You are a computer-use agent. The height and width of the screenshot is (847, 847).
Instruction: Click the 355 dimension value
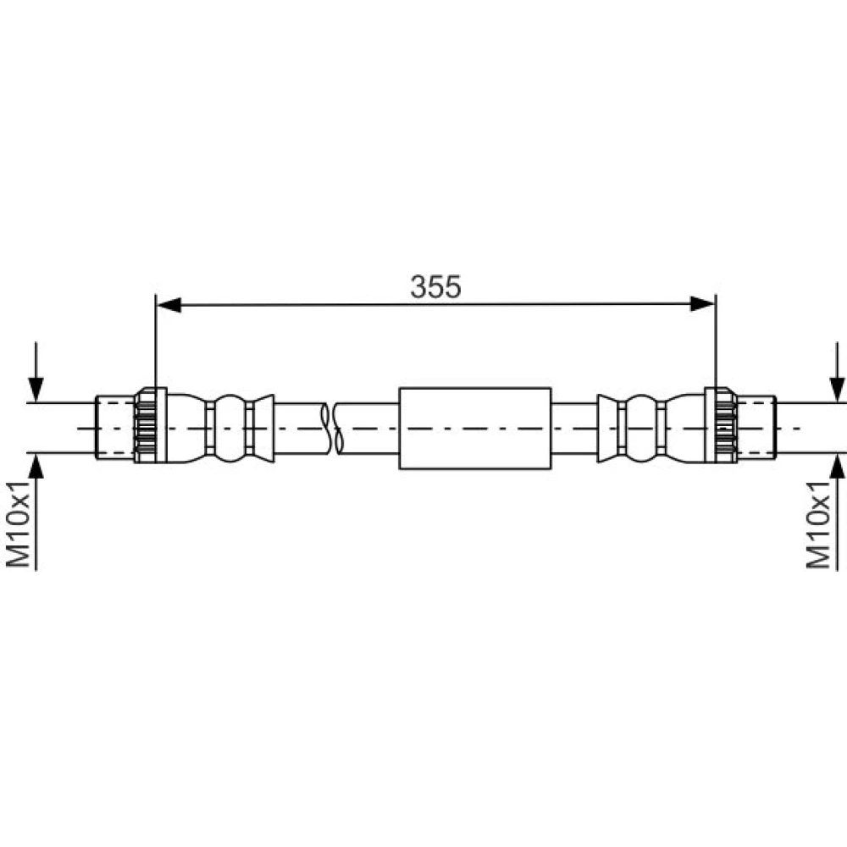[435, 287]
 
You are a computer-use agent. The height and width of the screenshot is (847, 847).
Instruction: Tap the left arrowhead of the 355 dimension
[168, 305]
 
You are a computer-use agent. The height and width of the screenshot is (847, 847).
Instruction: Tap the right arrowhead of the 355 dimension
[703, 304]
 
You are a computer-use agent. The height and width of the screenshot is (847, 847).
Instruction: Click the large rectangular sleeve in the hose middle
[475, 429]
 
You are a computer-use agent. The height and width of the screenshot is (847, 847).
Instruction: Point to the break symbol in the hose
[332, 429]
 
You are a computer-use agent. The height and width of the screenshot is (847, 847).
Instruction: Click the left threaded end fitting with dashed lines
[115, 428]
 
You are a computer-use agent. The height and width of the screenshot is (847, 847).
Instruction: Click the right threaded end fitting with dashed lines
[756, 428]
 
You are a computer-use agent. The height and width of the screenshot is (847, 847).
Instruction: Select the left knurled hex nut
[150, 426]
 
